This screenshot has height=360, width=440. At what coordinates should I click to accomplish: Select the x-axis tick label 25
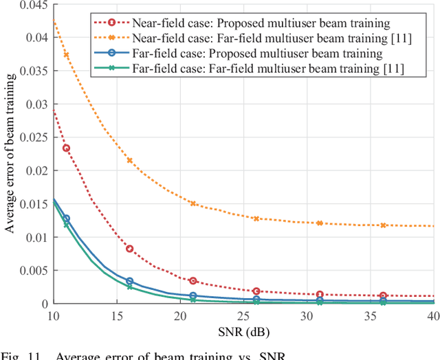256,315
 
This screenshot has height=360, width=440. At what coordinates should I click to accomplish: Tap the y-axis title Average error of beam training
10,155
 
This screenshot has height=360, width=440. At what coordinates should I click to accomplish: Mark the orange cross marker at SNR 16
129,161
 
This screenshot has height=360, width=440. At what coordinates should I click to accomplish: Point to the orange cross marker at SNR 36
384,225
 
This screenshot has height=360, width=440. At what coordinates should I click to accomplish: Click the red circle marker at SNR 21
193,281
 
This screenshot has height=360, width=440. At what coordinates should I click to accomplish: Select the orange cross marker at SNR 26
256,218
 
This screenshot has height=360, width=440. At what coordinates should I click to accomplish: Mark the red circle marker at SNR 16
129,249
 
